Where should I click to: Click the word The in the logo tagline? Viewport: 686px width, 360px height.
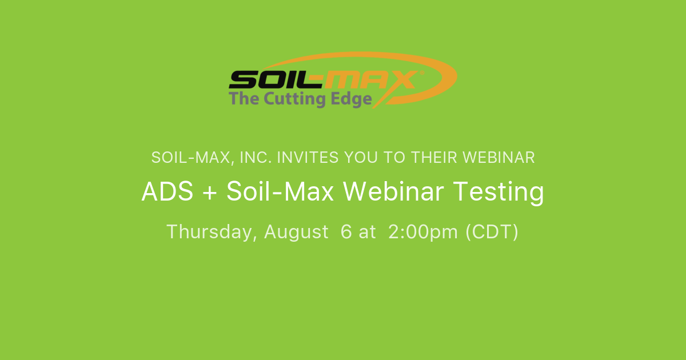244,99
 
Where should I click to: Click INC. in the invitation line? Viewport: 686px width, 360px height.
254,158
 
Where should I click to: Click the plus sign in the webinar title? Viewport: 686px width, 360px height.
208,193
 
